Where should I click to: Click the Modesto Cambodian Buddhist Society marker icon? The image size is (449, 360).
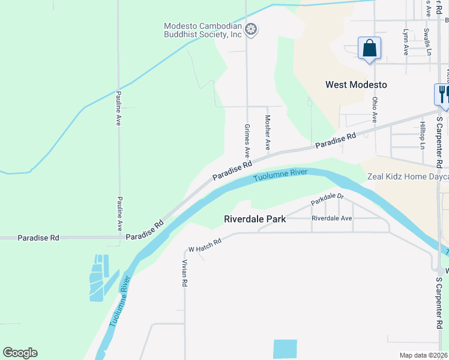[x=252, y=29]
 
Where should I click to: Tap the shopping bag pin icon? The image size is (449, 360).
[x=369, y=48]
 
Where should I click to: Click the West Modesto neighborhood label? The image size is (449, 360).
[x=356, y=85]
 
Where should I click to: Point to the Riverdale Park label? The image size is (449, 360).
[x=255, y=219]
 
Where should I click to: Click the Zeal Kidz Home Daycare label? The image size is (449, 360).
[x=408, y=177]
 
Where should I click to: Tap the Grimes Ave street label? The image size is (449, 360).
[x=247, y=140]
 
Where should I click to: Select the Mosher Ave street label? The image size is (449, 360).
[x=268, y=133]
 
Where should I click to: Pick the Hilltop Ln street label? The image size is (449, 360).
[x=423, y=135]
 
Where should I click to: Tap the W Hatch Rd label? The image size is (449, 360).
[x=205, y=244]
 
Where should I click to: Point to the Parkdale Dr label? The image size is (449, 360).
[x=327, y=199]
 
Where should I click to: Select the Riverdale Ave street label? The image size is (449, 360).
[x=331, y=218]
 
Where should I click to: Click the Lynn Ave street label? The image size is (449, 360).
[x=406, y=43]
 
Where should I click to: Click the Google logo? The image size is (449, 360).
[x=20, y=353]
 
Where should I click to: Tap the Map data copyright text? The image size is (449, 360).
[x=423, y=355]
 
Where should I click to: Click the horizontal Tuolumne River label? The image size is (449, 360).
[x=280, y=175]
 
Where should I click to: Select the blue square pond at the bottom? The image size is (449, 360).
[x=285, y=349]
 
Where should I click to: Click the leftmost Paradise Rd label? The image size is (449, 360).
[x=38, y=238]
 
